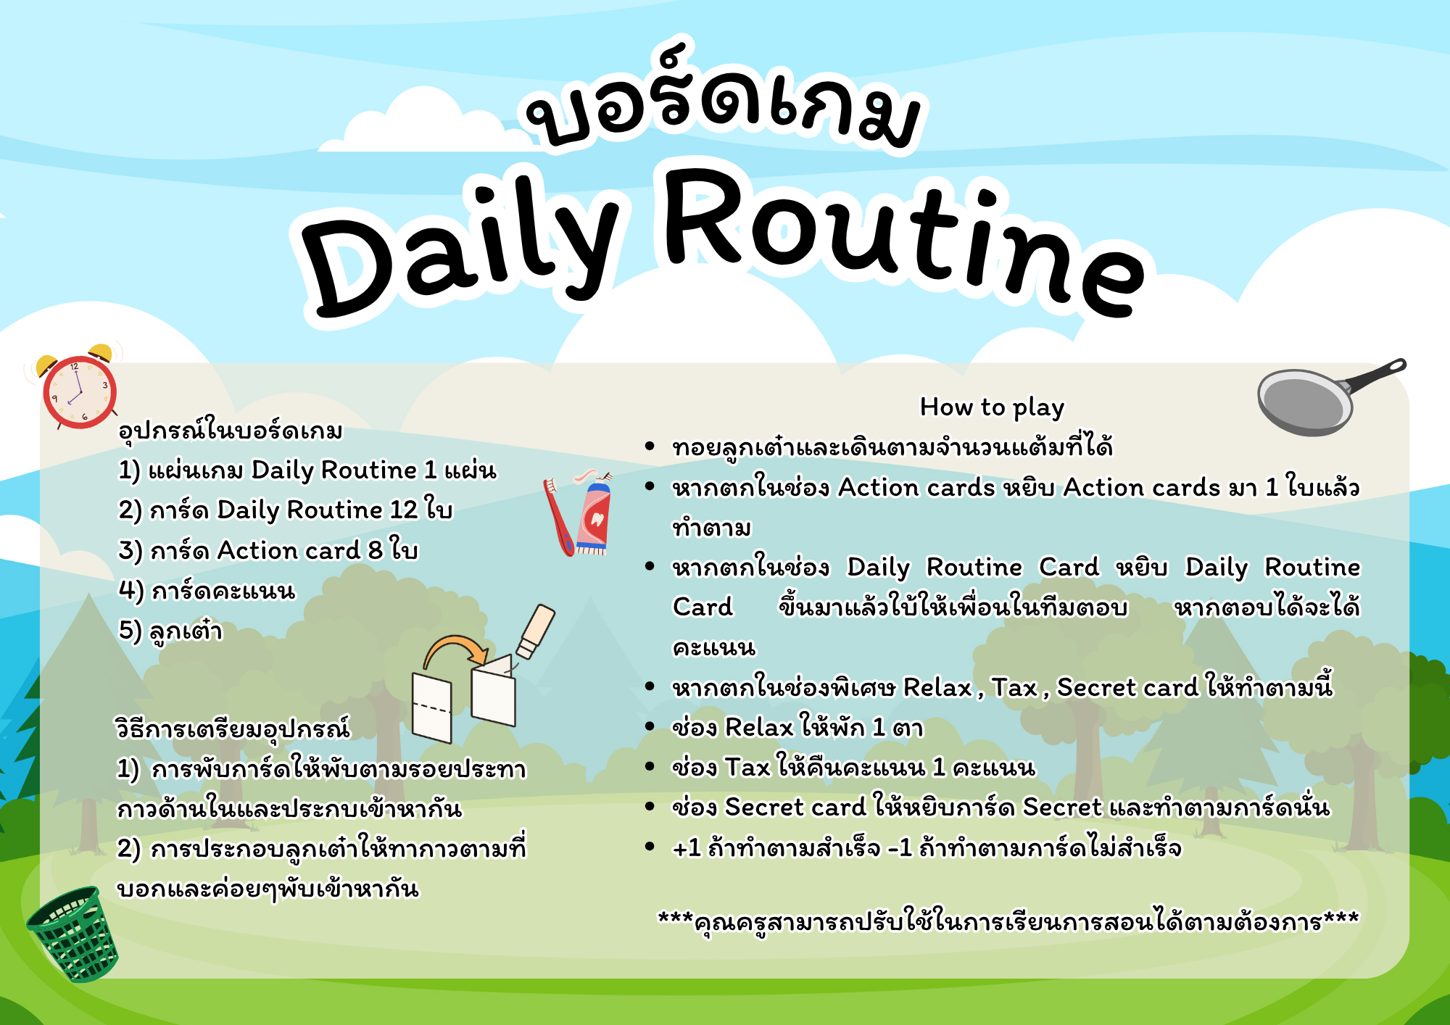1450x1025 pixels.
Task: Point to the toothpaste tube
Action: (594, 512)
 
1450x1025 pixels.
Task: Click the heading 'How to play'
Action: (992, 407)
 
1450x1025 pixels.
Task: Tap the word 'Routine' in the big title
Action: (903, 239)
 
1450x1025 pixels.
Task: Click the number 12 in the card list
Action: (404, 510)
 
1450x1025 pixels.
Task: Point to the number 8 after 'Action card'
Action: (375, 550)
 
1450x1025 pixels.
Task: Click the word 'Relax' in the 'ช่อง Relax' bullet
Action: (759, 727)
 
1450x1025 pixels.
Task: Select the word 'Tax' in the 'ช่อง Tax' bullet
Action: (747, 767)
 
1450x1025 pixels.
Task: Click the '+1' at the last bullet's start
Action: (687, 847)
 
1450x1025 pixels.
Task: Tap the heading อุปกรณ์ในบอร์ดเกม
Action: (231, 430)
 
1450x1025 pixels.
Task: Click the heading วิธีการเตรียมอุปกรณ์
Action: (233, 727)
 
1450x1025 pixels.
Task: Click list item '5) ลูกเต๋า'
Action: (170, 631)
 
